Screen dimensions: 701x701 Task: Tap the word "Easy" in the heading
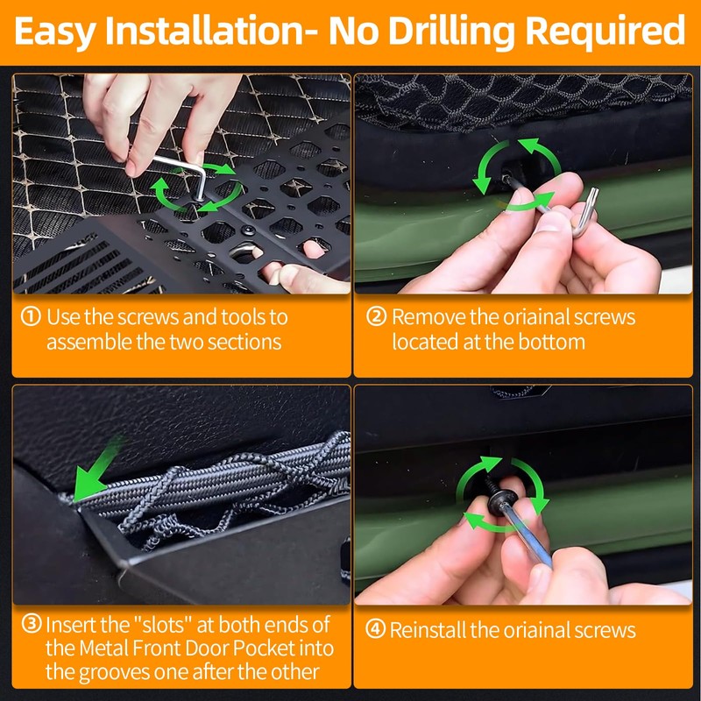coord(55,32)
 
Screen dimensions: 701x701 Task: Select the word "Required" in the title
coord(605,31)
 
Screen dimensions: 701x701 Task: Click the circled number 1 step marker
coord(31,316)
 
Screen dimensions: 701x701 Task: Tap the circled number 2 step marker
coord(376,316)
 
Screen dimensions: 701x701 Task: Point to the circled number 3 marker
coord(32,624)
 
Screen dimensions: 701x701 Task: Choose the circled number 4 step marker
coord(376,629)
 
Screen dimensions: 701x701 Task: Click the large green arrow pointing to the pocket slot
coord(96,470)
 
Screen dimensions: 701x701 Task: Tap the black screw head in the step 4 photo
coord(497,499)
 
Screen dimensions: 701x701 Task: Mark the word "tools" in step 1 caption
coord(243,317)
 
